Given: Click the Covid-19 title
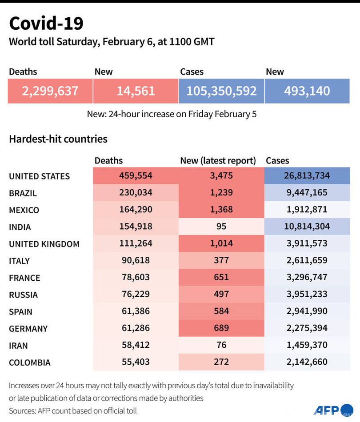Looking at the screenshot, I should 46,23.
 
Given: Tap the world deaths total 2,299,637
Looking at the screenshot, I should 50,91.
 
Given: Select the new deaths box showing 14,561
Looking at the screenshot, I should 136,91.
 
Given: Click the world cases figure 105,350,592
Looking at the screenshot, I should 221,91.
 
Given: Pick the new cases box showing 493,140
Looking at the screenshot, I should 307,91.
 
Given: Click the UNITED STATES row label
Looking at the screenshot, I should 39,176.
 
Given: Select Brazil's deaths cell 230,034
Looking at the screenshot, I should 136,193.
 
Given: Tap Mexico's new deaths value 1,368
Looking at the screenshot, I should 221,210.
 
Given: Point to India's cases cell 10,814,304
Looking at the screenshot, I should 307,227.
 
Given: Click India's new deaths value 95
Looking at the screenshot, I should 221,227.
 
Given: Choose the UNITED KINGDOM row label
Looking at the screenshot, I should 44,244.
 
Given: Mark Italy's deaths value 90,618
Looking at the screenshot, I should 136,260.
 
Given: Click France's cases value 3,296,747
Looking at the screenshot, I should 307,277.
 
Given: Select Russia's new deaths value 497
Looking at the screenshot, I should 221,294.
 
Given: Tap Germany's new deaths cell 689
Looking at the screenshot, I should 221,328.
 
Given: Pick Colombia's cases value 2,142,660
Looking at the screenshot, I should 307,362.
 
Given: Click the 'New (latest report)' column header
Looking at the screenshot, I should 218,160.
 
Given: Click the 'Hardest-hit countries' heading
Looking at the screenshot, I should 58,139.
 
